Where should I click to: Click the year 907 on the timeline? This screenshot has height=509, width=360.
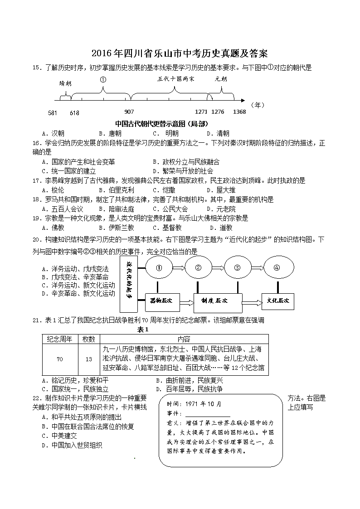pyautogui.click(x=129, y=112)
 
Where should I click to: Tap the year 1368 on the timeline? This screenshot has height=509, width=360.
pyautogui.click(x=239, y=112)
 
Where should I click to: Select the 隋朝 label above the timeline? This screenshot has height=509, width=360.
pyautogui.click(x=65, y=83)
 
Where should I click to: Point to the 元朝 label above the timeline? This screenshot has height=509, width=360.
pyautogui.click(x=221, y=78)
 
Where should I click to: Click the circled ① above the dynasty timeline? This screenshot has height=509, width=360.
pyautogui.click(x=103, y=79)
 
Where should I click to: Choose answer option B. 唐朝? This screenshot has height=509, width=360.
pyautogui.click(x=110, y=133)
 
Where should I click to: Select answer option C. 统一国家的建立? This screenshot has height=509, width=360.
pyautogui.click(x=68, y=171)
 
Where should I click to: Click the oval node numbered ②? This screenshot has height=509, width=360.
pyautogui.click(x=198, y=267)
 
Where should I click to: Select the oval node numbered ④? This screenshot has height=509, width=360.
pyautogui.click(x=277, y=267)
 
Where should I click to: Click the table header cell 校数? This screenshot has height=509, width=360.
pyautogui.click(x=88, y=339)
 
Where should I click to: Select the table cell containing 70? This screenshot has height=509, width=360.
pyautogui.click(x=60, y=359)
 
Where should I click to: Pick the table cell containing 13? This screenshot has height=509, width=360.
pyautogui.click(x=88, y=359)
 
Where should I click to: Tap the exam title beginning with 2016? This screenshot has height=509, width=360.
pyautogui.click(x=180, y=53)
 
